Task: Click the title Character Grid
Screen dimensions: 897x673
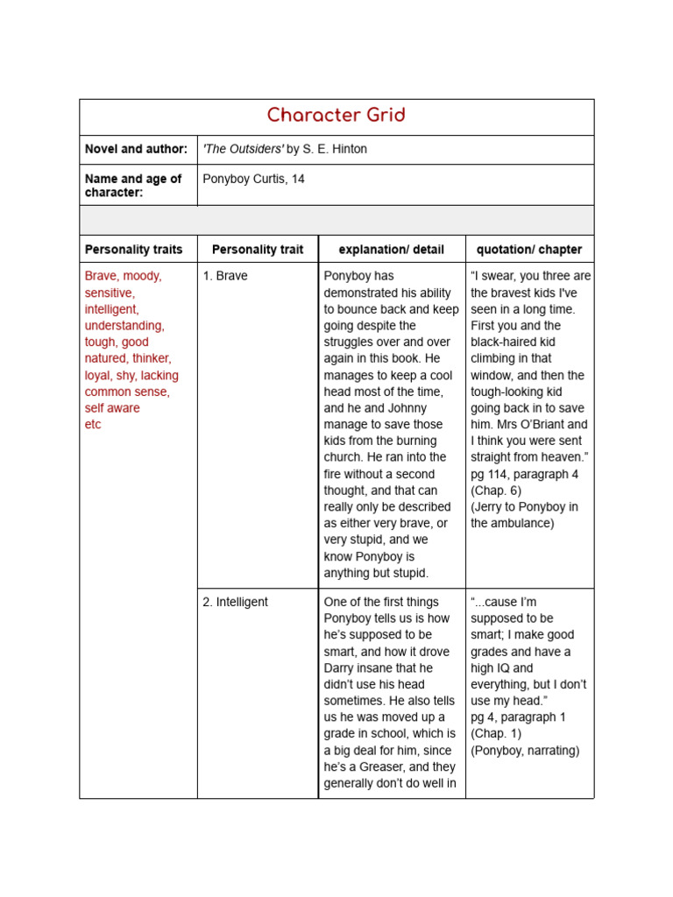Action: click(x=336, y=116)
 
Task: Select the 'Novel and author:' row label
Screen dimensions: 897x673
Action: click(x=136, y=149)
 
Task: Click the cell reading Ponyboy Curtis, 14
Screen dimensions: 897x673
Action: click(x=253, y=179)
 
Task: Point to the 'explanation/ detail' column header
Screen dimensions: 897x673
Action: click(x=391, y=250)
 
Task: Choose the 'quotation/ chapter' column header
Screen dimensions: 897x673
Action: click(x=529, y=250)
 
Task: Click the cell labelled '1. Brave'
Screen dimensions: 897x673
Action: click(x=225, y=276)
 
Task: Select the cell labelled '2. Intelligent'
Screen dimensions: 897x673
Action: click(x=235, y=602)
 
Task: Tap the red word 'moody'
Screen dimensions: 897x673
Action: click(x=142, y=276)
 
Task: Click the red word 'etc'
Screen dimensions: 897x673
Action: click(x=93, y=424)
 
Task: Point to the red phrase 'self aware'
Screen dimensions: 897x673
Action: click(x=112, y=407)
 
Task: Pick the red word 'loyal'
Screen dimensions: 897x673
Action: click(x=99, y=375)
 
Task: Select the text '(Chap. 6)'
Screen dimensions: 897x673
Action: click(x=496, y=491)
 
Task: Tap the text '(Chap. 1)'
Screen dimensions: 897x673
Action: click(x=496, y=733)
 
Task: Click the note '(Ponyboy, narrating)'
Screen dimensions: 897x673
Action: click(x=525, y=750)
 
